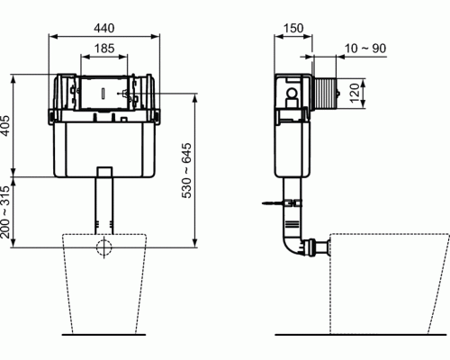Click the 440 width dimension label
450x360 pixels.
(x=104, y=28)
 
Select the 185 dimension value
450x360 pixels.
(x=104, y=49)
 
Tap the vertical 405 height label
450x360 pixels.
(x=5, y=125)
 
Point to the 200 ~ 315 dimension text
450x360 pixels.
(x=5, y=212)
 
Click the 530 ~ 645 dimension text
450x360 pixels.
(x=186, y=170)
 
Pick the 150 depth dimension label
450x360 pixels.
(x=293, y=28)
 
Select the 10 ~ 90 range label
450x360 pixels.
(x=365, y=49)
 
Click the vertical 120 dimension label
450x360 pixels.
(x=355, y=93)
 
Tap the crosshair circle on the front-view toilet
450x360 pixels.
(x=104, y=247)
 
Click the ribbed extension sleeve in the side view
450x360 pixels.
(x=324, y=94)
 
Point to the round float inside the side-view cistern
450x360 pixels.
(x=291, y=93)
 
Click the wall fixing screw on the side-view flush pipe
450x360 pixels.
(x=282, y=203)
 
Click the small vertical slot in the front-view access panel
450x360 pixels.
(x=103, y=93)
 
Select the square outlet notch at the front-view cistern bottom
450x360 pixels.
(x=104, y=172)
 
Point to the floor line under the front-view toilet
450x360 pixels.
(x=103, y=334)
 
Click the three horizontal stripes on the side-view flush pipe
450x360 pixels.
(x=292, y=224)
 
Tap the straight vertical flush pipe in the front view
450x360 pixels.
(x=104, y=205)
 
